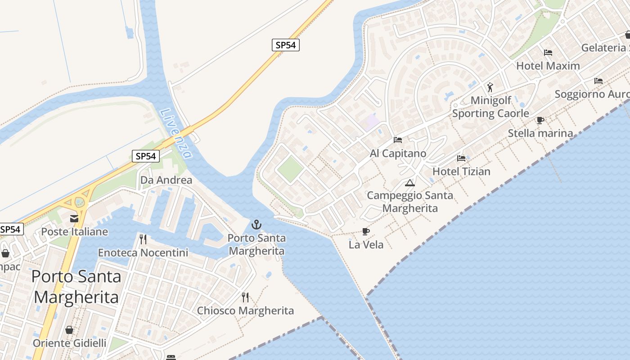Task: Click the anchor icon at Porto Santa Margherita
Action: click(256, 224)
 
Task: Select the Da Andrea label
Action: click(166, 180)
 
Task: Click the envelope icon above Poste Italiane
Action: click(74, 219)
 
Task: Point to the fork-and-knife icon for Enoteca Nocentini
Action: click(143, 239)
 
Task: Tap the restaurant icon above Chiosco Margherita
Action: click(245, 297)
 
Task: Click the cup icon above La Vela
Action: click(366, 231)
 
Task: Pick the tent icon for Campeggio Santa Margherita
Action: click(409, 183)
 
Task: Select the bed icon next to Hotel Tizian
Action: click(461, 158)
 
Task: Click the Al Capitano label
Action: click(398, 153)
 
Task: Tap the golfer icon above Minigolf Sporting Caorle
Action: click(490, 87)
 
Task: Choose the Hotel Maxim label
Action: click(548, 66)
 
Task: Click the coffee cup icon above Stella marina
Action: click(540, 120)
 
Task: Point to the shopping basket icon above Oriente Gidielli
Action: click(69, 330)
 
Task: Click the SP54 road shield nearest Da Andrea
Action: click(146, 156)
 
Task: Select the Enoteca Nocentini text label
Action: click(143, 252)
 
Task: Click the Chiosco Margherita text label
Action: click(245, 310)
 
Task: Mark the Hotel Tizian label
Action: click(461, 171)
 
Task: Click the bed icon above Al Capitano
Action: click(398, 140)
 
